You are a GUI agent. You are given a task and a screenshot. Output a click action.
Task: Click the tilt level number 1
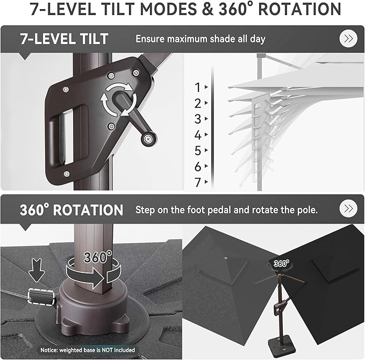point(198,88)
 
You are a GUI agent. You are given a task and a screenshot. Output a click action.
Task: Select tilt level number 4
point(198,135)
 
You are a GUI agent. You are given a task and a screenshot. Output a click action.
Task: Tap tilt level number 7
point(198,183)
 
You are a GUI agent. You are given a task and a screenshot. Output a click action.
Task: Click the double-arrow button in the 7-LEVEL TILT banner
point(348,39)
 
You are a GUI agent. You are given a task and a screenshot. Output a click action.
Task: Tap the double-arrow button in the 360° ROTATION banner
point(348,208)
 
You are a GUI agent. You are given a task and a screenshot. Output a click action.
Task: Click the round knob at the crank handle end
point(148,139)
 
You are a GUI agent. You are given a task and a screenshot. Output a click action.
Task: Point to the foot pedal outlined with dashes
point(41,297)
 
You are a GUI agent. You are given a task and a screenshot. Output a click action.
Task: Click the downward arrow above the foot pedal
point(37,270)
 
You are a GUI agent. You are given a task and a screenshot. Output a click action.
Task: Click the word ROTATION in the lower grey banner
point(88,210)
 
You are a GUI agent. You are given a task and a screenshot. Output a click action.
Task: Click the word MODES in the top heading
point(168,9)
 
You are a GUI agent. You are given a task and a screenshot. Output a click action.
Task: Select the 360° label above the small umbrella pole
point(281,263)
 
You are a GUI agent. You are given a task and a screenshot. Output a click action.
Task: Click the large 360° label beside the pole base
point(98,257)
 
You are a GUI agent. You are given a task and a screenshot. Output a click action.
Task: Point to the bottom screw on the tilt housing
point(67,174)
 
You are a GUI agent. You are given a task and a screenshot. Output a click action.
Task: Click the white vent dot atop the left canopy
point(226,258)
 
